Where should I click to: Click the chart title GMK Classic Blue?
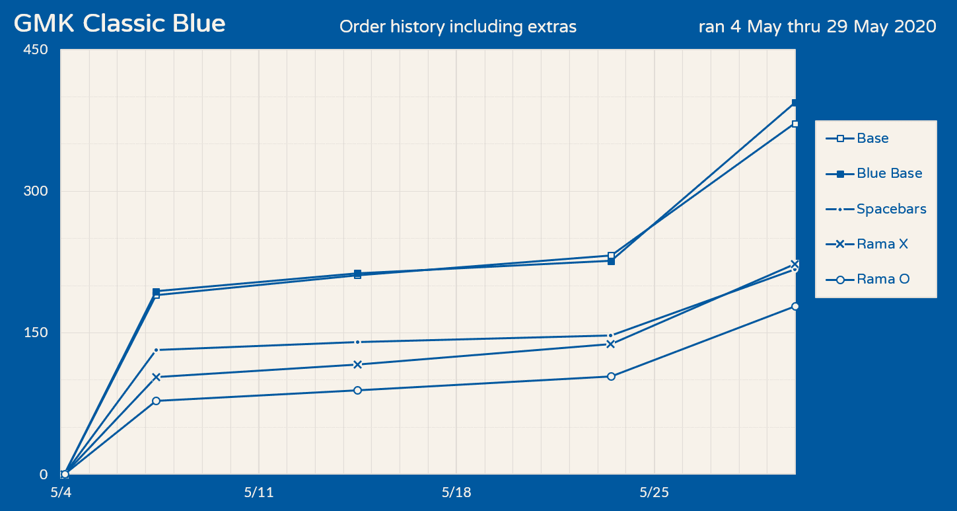tap(120, 24)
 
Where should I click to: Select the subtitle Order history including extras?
tap(458, 26)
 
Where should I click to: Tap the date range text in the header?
tap(817, 26)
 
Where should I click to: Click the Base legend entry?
tap(872, 139)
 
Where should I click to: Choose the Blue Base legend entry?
tap(889, 174)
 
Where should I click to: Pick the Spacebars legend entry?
tap(891, 209)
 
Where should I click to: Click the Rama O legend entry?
tap(882, 279)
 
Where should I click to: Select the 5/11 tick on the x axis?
tap(258, 492)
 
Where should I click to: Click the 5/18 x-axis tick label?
tap(456, 492)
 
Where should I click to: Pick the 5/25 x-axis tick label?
tap(654, 492)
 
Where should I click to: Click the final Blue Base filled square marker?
tap(795, 103)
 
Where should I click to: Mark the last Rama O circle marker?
tap(795, 307)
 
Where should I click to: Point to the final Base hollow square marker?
tap(795, 124)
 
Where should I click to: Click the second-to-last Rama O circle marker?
tap(611, 376)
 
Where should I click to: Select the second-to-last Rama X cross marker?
tap(611, 344)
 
